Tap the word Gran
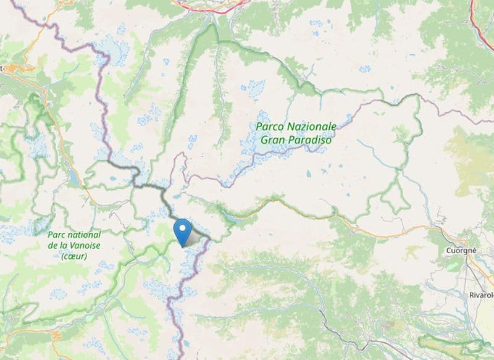pos(274,140)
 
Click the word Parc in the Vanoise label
pos(59,234)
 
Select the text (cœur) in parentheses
pos(74,255)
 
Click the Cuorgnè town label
pos(461,251)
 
